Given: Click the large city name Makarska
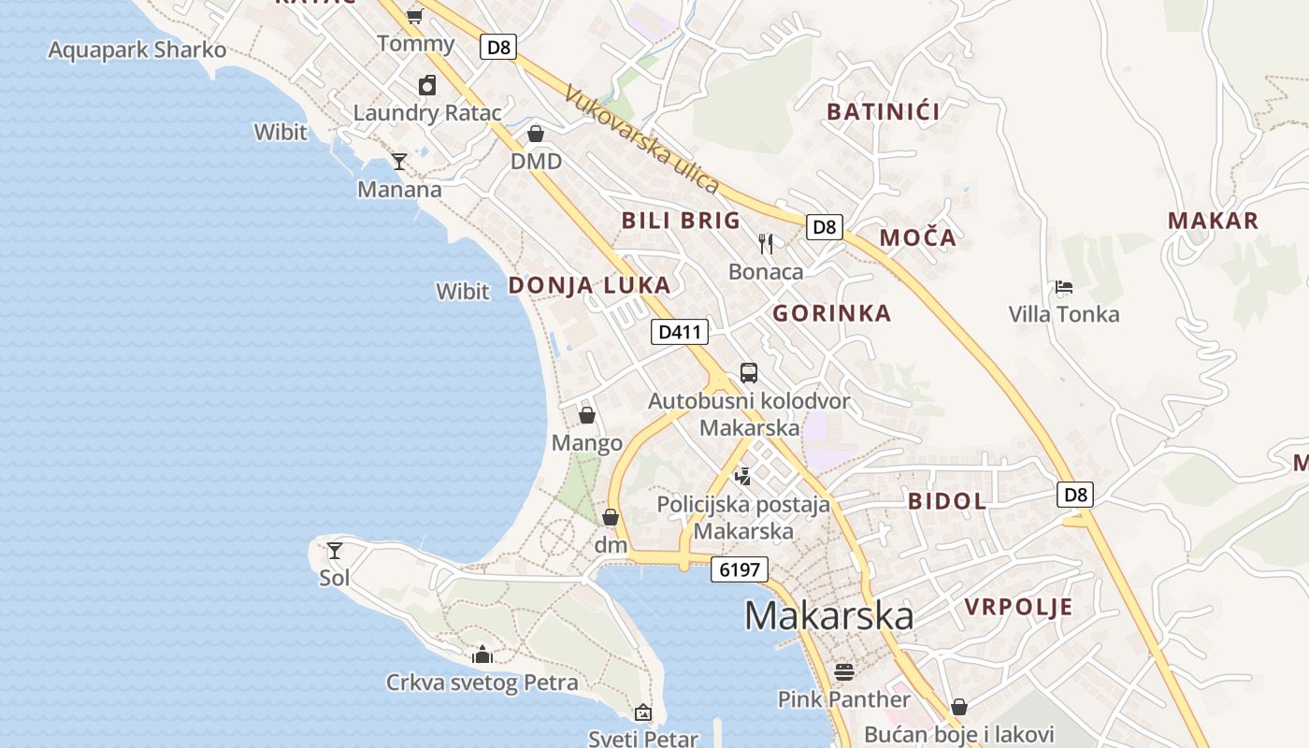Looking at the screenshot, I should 829,616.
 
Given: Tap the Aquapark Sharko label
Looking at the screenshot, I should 137,50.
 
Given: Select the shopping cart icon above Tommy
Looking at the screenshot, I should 415,16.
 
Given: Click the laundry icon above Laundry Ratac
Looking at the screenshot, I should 427,85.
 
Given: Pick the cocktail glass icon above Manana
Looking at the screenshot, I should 399,162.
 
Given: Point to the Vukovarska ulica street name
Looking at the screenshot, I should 642,140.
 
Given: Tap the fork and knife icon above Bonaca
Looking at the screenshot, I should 766,244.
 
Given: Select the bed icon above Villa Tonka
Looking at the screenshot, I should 1063,287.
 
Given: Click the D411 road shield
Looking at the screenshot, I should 680,331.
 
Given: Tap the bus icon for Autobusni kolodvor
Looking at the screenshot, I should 749,373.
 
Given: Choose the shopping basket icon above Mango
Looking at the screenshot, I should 587,415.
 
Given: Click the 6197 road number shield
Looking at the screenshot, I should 739,569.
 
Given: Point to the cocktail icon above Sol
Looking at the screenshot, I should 334,550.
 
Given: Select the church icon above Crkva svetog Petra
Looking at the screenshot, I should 482,654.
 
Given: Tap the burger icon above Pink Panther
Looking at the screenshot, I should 844,671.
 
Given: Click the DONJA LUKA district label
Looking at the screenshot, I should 589,286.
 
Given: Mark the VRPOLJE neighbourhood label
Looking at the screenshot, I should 1018,608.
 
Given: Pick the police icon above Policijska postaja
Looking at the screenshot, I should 743,477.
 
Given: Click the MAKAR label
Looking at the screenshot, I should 1213,222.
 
